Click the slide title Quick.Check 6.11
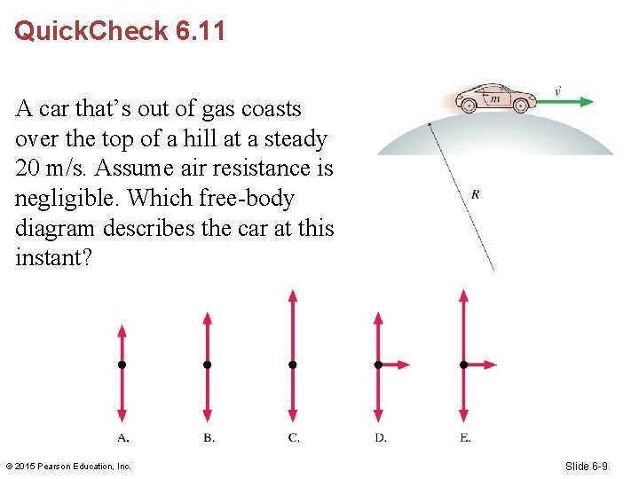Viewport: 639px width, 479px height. coord(120,31)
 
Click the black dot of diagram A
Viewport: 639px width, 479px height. coord(122,365)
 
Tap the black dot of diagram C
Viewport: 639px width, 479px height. coord(293,365)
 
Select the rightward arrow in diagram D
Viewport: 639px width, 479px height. coord(396,365)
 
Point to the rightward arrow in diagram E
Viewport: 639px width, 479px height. coord(481,365)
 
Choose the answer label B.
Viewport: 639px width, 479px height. coord(208,437)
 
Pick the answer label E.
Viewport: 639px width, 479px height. coord(465,437)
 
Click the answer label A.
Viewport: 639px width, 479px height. coord(123,437)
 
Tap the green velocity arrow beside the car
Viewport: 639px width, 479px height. coord(564,102)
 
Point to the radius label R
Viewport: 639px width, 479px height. coord(476,194)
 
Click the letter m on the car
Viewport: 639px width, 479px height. coord(494,98)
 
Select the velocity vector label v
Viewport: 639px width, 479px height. coord(557,90)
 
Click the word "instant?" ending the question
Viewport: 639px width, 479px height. coord(54,258)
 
